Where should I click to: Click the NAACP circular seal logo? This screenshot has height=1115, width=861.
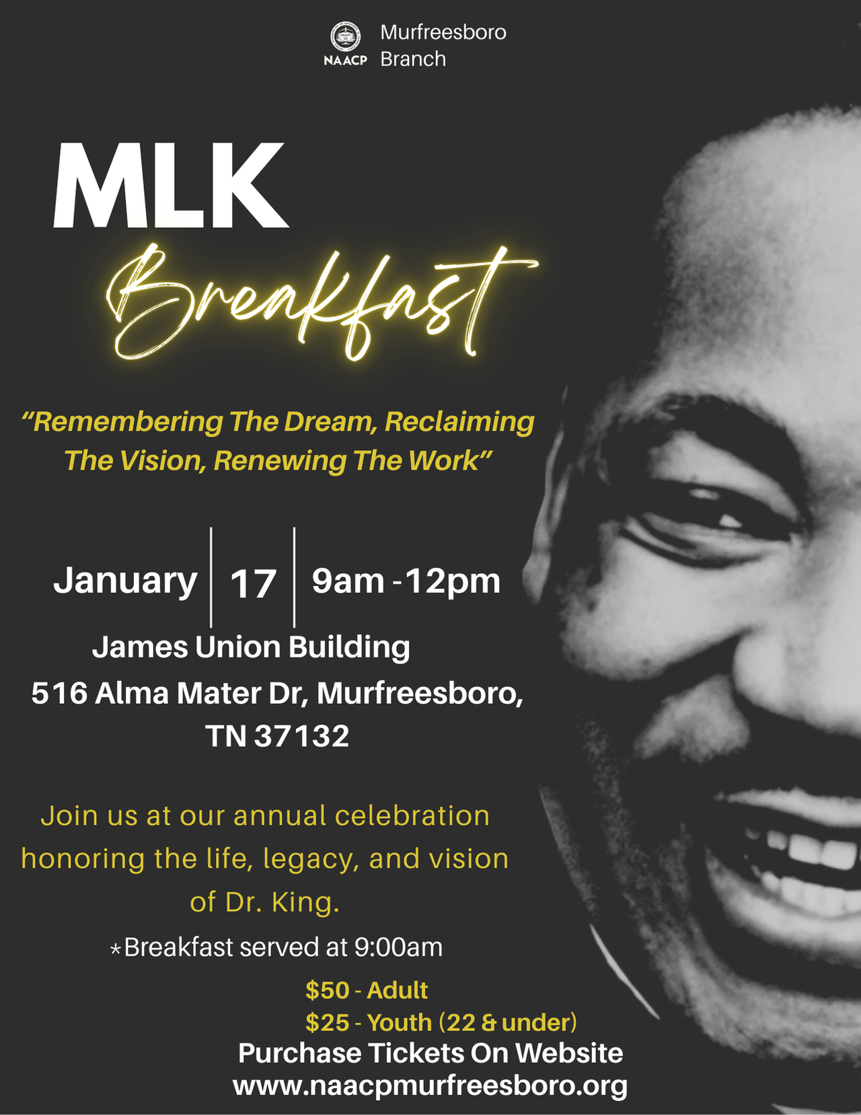345,37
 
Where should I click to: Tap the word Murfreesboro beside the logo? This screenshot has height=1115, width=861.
443,32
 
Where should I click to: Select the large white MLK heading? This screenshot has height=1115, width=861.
171,185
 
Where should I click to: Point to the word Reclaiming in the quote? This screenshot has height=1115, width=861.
459,422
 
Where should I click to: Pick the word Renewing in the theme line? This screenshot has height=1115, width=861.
279,460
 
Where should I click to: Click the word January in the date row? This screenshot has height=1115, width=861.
125,582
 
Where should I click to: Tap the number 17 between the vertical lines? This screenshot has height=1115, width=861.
254,583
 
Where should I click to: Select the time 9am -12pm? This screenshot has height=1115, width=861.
406,582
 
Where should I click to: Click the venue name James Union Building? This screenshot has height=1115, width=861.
252,647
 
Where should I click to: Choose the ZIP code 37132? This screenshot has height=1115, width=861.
301,735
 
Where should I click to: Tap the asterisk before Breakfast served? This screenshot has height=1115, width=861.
116,949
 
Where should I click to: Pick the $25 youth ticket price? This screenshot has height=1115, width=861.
328,1022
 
